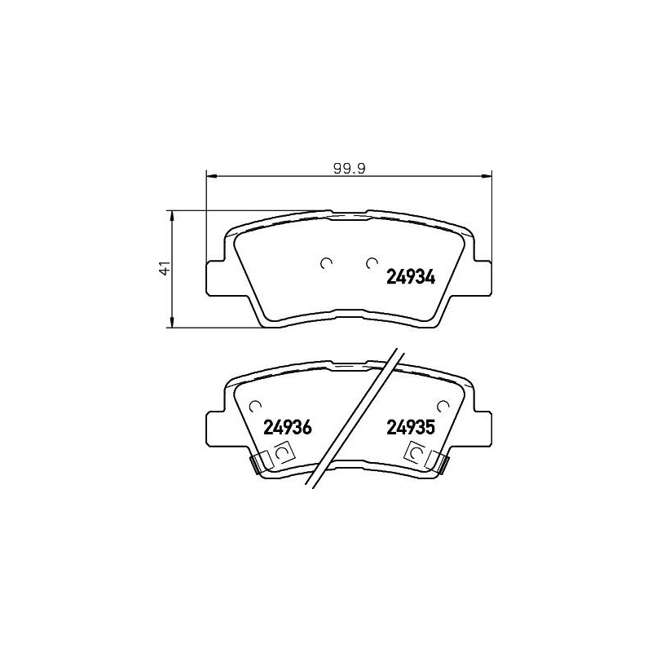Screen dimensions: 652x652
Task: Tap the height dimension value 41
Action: coord(165,269)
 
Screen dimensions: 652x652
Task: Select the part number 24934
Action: coord(409,276)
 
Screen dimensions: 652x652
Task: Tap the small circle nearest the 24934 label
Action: coord(372,262)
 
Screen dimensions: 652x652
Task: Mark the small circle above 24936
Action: coord(255,405)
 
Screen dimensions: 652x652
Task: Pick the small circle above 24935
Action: coord(443,405)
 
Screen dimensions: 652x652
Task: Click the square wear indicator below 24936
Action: coord(284,453)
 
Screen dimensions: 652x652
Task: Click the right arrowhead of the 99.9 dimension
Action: coord(490,175)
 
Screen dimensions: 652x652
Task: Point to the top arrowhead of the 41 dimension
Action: coord(172,214)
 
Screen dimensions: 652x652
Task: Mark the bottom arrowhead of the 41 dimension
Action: coord(172,324)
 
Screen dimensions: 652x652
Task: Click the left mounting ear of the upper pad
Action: coord(214,276)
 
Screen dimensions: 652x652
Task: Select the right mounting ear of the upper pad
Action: coord(483,276)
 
